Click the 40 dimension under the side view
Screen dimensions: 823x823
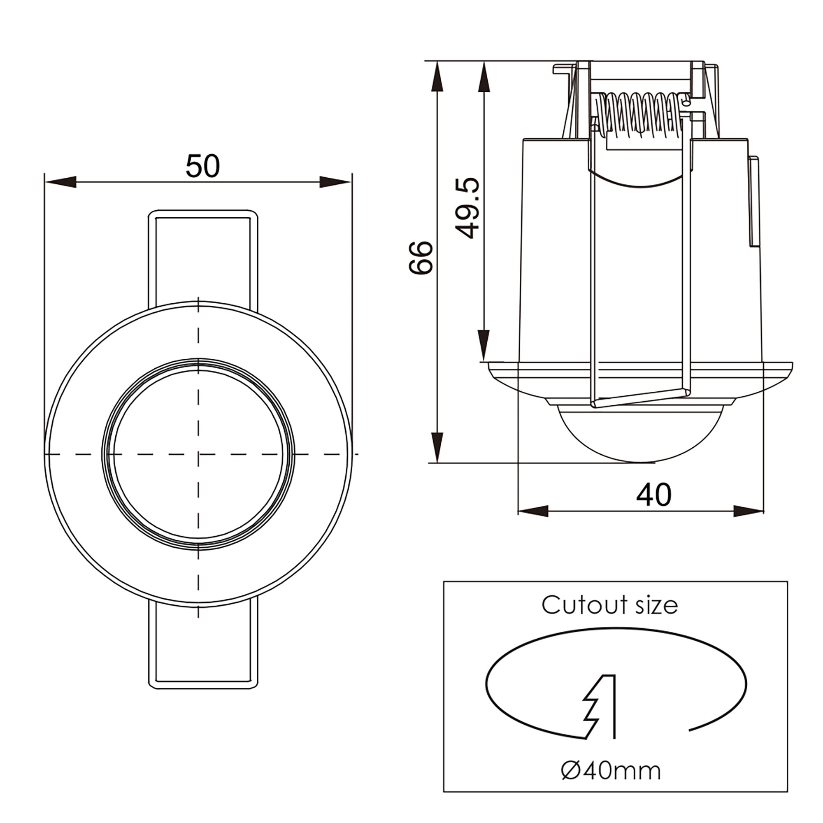(x=653, y=495)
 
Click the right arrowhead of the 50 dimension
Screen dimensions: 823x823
(x=335, y=182)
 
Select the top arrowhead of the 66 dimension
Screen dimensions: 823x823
(x=437, y=77)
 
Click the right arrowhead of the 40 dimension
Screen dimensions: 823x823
(x=748, y=511)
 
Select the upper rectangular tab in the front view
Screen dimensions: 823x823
(x=203, y=256)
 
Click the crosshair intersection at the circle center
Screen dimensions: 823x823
(x=198, y=454)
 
